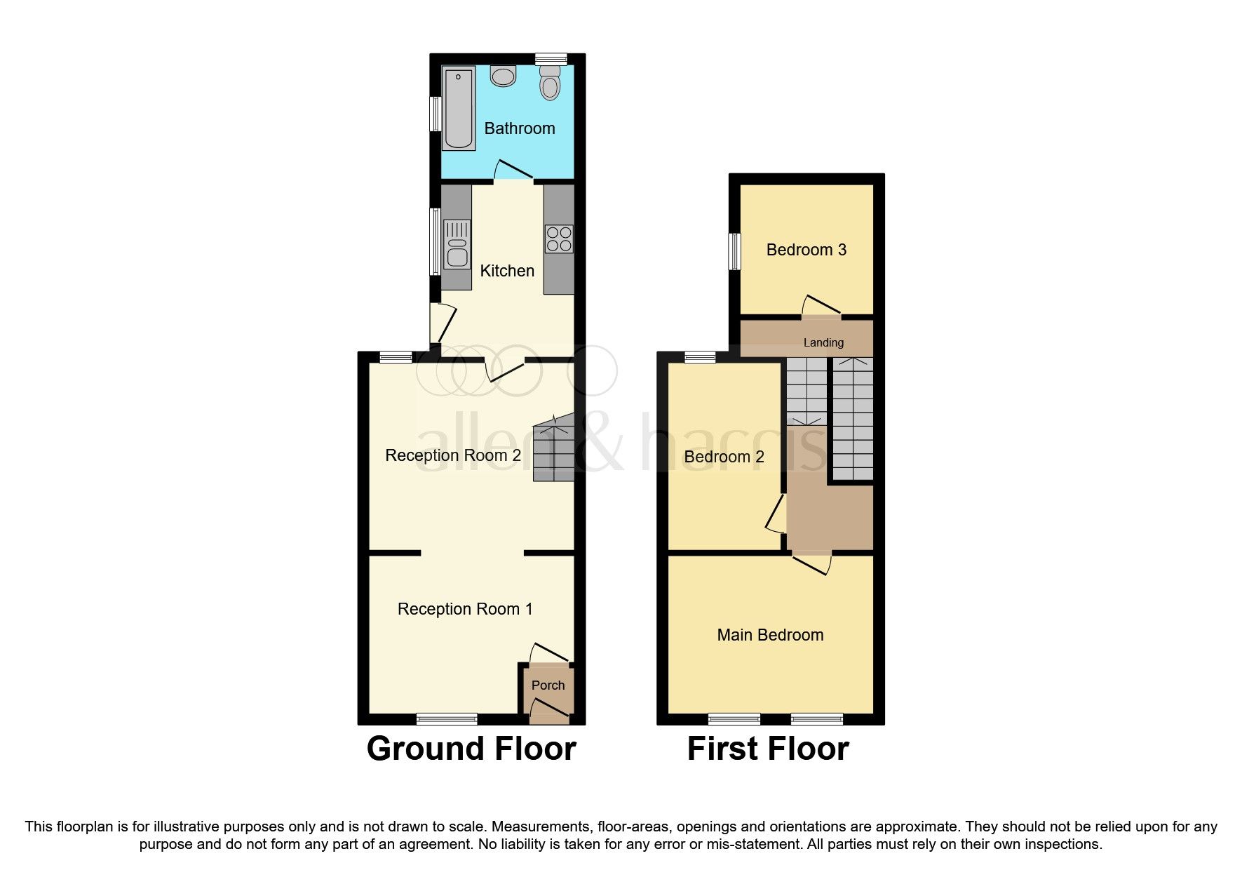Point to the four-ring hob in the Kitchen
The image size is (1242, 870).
tap(559, 239)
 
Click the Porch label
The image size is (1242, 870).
tap(548, 685)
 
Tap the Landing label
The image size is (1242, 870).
tap(823, 342)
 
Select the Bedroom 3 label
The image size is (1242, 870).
tap(806, 250)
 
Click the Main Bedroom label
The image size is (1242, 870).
tap(770, 635)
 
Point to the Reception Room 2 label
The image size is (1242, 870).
tap(453, 455)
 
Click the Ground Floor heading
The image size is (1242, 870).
tap(471, 749)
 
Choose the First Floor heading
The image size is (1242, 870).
tap(768, 749)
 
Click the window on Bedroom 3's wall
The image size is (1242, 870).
tap(734, 251)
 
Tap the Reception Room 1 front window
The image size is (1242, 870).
tap(447, 718)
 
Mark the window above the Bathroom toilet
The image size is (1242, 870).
tap(551, 58)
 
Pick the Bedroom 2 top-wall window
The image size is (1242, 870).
tap(699, 357)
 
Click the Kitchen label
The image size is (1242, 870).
tap(507, 271)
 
